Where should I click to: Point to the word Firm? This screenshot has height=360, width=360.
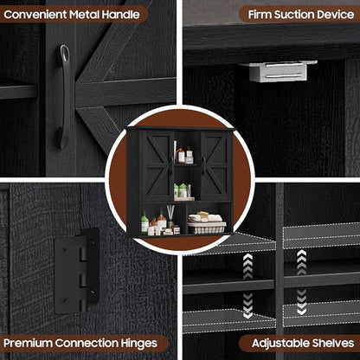click(260, 15)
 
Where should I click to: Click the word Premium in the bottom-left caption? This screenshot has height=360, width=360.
click(28, 344)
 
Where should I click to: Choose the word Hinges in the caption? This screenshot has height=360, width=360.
click(139, 344)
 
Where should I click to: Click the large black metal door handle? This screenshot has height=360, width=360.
click(65, 97)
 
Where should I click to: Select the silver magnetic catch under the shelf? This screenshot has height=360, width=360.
click(279, 71)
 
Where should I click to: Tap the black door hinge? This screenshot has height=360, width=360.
click(77, 271)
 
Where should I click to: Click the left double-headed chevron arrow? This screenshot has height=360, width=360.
click(247, 286)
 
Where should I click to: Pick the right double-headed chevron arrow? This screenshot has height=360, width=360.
click(301, 282)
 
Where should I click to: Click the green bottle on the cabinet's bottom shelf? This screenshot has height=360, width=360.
click(145, 223)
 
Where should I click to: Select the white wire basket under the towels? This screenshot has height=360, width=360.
click(207, 228)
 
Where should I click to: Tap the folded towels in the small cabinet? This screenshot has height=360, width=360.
click(205, 217)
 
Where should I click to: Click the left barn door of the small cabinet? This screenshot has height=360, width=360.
click(157, 165)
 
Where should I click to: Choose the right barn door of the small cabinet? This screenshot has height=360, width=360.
click(215, 165)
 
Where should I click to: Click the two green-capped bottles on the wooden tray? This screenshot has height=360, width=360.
click(181, 190)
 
